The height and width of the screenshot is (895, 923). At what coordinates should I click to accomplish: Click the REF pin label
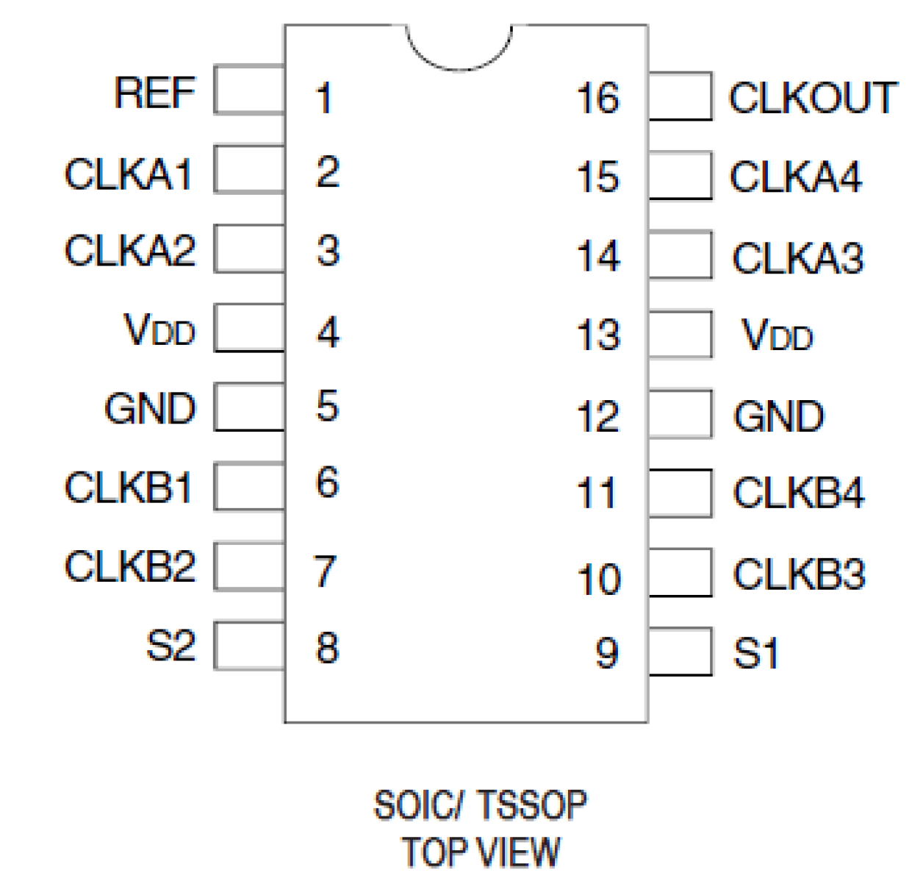coord(154,93)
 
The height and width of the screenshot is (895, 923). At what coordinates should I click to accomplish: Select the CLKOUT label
coord(813,98)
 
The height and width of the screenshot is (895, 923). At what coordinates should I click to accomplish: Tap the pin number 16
coord(597,99)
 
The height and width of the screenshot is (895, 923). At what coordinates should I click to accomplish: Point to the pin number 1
coord(324,99)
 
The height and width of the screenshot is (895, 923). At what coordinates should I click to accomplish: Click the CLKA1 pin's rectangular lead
coord(249,169)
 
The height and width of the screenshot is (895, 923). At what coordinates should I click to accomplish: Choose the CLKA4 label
coord(795,177)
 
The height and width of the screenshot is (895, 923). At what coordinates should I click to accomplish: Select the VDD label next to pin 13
coord(777,336)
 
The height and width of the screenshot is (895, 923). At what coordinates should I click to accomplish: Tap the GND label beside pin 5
coord(150,409)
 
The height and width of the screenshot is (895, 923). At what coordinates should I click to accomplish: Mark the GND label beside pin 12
coord(778,417)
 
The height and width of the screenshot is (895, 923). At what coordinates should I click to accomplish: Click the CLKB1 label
coord(129,488)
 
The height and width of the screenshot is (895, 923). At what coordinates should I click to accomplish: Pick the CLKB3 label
coord(799,574)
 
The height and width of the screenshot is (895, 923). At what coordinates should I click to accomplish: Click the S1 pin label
coord(755,653)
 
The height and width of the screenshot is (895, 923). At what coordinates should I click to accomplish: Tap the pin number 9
coord(606,653)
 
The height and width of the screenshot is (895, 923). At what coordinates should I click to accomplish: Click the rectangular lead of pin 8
coord(249,646)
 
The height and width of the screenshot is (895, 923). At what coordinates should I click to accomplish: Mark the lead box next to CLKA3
coord(680,255)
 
